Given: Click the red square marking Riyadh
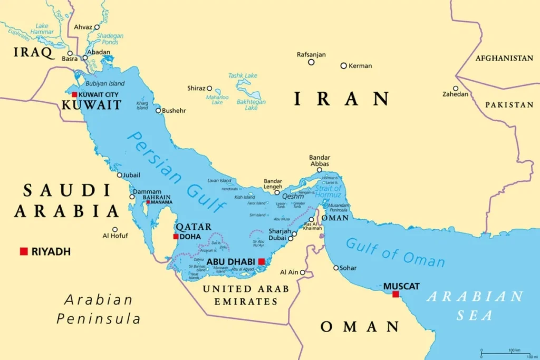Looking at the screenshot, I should point(24,251).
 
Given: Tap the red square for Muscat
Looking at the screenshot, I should point(396,294).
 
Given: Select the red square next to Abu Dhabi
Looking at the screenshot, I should point(262,261).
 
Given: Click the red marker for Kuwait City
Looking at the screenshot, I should point(74,95).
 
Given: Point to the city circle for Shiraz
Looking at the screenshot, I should point(209,89).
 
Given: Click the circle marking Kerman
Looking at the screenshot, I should point(343,66).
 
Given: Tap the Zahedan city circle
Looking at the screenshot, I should point(456,89).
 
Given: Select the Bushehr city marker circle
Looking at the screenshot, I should point(158,111).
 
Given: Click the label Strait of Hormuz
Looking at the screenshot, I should point(328,192).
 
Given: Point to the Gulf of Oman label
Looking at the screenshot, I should point(395,252).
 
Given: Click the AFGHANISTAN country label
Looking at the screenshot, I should point(504,59).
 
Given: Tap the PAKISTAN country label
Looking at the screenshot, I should point(509,105).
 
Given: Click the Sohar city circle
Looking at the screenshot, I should point(336,268).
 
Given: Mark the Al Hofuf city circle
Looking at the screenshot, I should point(115,229).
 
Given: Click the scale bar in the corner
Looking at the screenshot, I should point(505,354).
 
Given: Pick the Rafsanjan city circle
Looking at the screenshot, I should point(311,62).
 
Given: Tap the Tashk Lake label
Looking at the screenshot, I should point(243,75).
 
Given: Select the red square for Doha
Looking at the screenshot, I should point(176,237).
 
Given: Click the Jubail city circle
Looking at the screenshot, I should point(119,175).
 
